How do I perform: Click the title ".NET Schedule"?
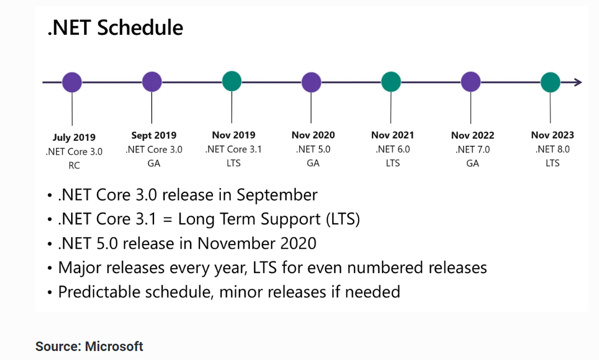[115, 28]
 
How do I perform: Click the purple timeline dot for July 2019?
[72, 82]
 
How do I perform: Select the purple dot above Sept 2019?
[152, 82]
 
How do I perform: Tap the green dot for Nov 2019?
[231, 81]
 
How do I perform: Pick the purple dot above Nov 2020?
[312, 82]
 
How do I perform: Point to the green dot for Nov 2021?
[391, 82]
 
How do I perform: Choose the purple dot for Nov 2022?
[471, 82]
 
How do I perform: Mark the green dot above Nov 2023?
[550, 82]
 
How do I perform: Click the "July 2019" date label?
[74, 137]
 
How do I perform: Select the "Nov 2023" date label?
[552, 135]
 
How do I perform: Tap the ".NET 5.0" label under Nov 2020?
[313, 149]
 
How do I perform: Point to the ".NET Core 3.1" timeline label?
[234, 149]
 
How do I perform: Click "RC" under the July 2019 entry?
[74, 165]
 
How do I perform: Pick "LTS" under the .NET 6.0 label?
[393, 163]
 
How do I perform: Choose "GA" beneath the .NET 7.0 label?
[472, 164]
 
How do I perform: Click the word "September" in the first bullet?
[277, 195]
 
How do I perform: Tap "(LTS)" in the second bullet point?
[343, 219]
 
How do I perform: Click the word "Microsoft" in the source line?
[114, 346]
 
